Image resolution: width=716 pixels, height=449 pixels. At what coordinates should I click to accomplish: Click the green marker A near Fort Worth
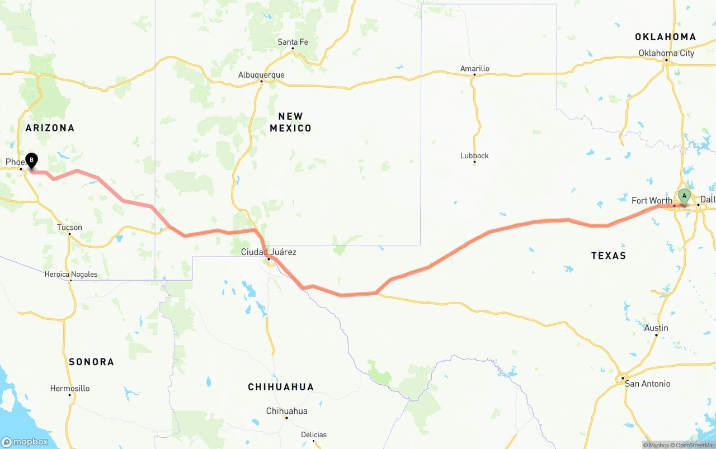point(684,196)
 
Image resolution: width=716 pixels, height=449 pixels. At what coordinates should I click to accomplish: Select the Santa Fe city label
point(293,42)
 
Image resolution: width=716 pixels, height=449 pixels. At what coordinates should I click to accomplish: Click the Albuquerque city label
point(261,75)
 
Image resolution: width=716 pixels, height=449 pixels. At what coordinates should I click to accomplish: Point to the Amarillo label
point(474,69)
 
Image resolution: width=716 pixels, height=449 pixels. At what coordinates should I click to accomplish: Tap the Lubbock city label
point(474,155)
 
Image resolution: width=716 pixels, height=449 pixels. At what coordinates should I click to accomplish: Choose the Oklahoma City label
point(666,53)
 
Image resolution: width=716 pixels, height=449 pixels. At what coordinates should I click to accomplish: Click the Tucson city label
point(69,227)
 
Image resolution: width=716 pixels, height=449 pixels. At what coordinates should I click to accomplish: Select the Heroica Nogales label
point(71,275)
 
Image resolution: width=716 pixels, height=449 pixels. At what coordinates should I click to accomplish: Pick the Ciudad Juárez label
point(268,252)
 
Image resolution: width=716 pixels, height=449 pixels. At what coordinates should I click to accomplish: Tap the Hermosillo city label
point(70,388)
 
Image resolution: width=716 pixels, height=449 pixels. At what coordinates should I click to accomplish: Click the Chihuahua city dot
point(286,418)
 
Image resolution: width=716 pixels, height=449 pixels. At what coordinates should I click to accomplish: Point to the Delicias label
point(314,434)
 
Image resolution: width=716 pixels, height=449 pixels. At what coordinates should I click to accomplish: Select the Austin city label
point(656,328)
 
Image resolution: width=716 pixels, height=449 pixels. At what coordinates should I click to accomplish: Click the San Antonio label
point(647,384)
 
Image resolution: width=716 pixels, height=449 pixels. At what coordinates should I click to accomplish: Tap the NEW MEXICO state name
point(290,122)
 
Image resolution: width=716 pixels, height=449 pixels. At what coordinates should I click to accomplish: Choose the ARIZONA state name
point(50,128)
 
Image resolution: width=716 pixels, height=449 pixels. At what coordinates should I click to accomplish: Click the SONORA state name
point(91,362)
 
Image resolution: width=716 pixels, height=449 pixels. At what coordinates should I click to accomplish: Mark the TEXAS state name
point(609,256)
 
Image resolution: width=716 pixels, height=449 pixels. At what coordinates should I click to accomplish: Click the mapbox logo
point(25,442)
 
